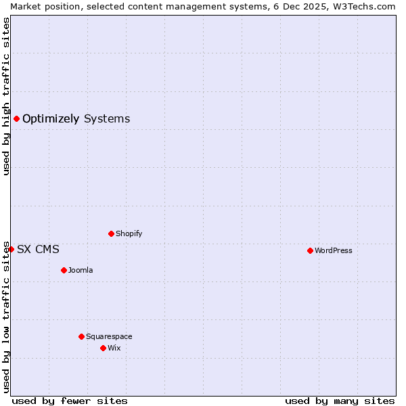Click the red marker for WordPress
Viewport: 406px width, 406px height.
310,250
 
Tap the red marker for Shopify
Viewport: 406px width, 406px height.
111,233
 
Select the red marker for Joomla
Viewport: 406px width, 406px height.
64,270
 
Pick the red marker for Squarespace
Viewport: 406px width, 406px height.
81,336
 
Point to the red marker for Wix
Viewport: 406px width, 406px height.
103,348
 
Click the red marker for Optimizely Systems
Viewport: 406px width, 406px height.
16,119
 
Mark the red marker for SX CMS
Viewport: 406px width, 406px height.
11,249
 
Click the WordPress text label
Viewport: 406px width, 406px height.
333,250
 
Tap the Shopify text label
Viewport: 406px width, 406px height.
129,233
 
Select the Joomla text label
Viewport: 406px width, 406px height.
81,270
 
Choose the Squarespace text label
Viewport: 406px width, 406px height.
109,336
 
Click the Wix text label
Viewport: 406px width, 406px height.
114,348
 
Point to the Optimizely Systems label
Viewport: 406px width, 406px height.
76,119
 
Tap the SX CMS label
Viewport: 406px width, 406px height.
38,249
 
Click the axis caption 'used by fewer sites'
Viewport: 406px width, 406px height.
70,401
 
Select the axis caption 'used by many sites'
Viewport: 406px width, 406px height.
340,401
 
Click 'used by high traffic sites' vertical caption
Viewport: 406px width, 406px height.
6,96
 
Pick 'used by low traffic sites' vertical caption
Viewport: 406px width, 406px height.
6,316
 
